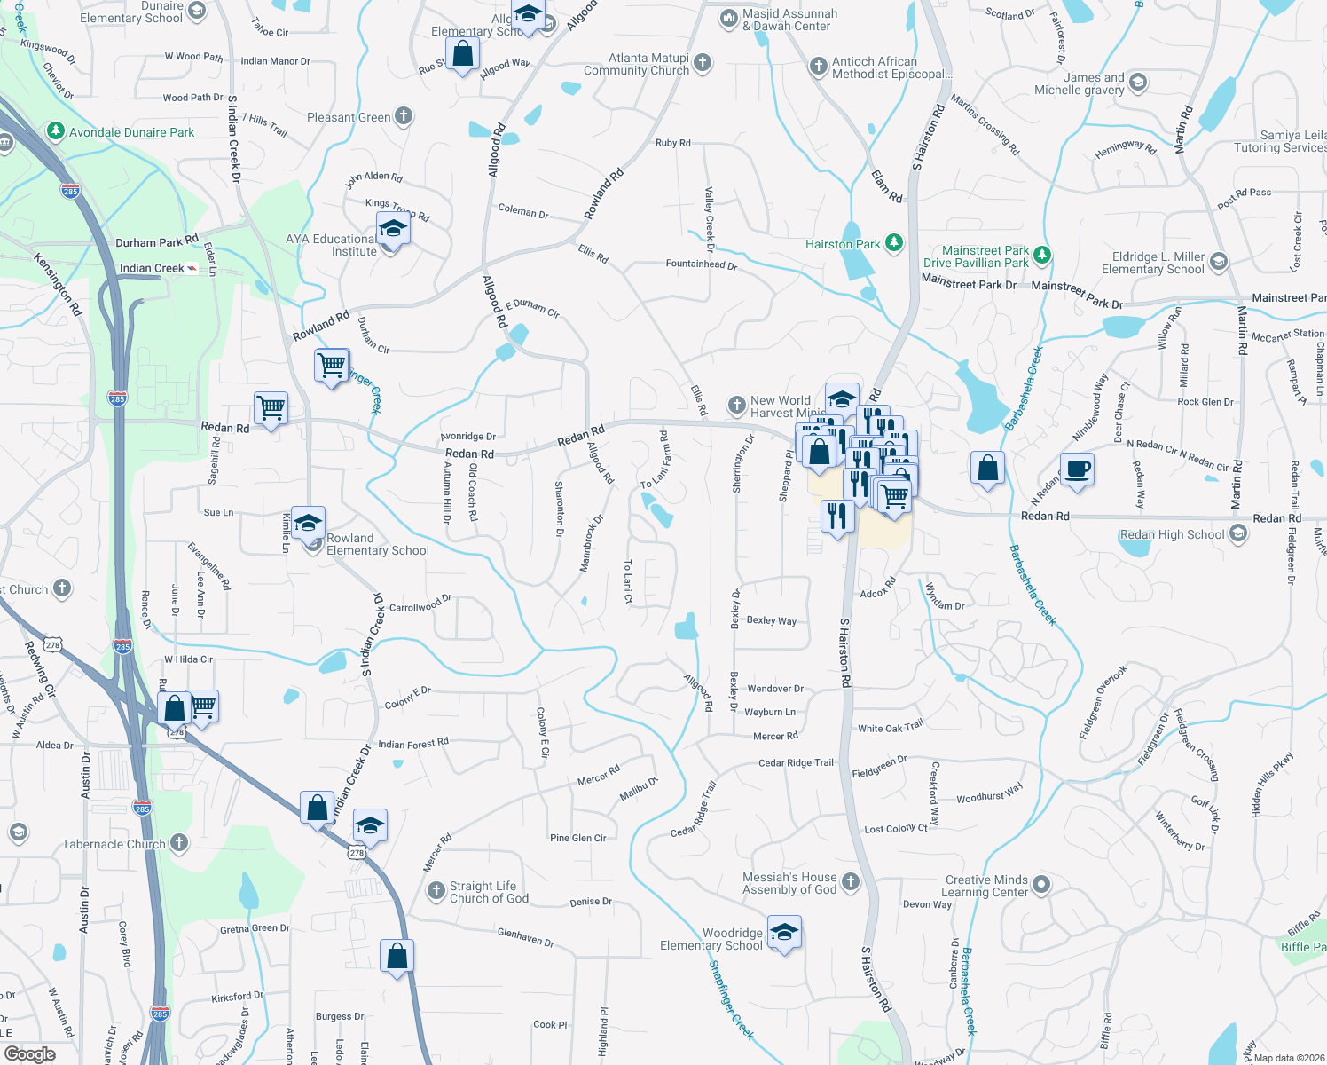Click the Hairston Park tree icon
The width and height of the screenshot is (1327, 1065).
tap(894, 242)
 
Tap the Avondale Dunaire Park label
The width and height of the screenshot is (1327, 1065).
tap(131, 132)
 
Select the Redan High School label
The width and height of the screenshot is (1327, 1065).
tap(1172, 534)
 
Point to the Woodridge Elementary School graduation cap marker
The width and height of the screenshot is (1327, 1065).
tap(783, 933)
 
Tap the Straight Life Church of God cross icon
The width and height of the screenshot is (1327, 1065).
tap(436, 891)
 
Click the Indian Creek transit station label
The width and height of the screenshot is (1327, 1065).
tap(152, 268)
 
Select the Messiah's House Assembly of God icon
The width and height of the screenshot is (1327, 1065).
tap(851, 881)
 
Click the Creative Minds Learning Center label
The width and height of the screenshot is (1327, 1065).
tap(985, 886)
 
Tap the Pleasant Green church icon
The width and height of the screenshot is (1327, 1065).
tap(404, 115)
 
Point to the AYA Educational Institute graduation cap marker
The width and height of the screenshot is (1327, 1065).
tap(393, 230)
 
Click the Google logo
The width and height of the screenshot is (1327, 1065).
tap(29, 1053)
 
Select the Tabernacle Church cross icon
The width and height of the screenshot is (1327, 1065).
tap(179, 842)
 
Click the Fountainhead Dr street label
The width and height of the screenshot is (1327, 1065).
tap(701, 264)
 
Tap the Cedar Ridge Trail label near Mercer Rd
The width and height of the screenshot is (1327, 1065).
tap(796, 762)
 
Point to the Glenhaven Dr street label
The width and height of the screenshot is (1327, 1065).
tap(525, 936)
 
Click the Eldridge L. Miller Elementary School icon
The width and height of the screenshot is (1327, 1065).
tap(1218, 261)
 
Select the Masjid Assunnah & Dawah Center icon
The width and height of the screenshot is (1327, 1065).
tap(728, 18)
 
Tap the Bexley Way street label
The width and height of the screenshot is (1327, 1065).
tap(771, 620)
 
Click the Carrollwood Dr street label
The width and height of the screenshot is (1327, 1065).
tap(420, 604)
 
